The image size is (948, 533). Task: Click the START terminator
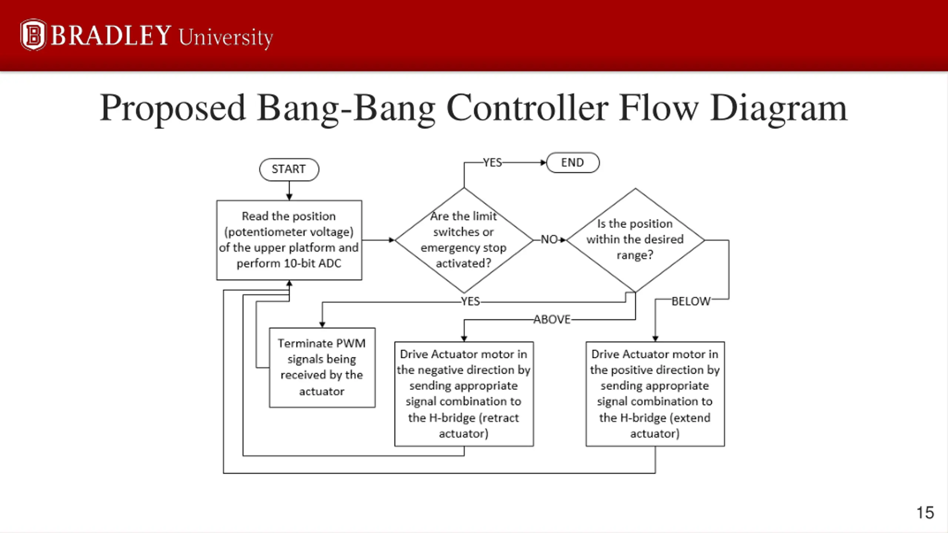pyautogui.click(x=289, y=170)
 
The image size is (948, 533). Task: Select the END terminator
pyautogui.click(x=573, y=162)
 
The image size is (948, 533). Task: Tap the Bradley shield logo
pyautogui.click(x=33, y=35)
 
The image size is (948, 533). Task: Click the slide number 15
pyautogui.click(x=925, y=513)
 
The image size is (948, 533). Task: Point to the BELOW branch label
pyautogui.click(x=691, y=301)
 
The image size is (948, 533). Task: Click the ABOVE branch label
pyautogui.click(x=552, y=319)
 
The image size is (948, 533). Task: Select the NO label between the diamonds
pyautogui.click(x=549, y=239)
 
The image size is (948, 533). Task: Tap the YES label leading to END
pyautogui.click(x=493, y=162)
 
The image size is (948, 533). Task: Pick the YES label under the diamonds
pyautogui.click(x=470, y=301)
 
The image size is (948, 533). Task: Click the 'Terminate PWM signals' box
pyautogui.click(x=322, y=368)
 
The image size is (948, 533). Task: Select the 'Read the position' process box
pyautogui.click(x=289, y=240)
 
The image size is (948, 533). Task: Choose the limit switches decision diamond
pyautogui.click(x=464, y=240)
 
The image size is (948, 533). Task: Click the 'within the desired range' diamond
pyautogui.click(x=635, y=240)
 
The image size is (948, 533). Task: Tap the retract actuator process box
pyautogui.click(x=464, y=394)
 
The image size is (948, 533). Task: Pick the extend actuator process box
pyautogui.click(x=655, y=394)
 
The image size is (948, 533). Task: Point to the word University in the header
pyautogui.click(x=226, y=38)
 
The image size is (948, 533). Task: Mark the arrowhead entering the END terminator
pyautogui.click(x=543, y=162)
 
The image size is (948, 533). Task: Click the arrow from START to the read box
pyautogui.click(x=289, y=191)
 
